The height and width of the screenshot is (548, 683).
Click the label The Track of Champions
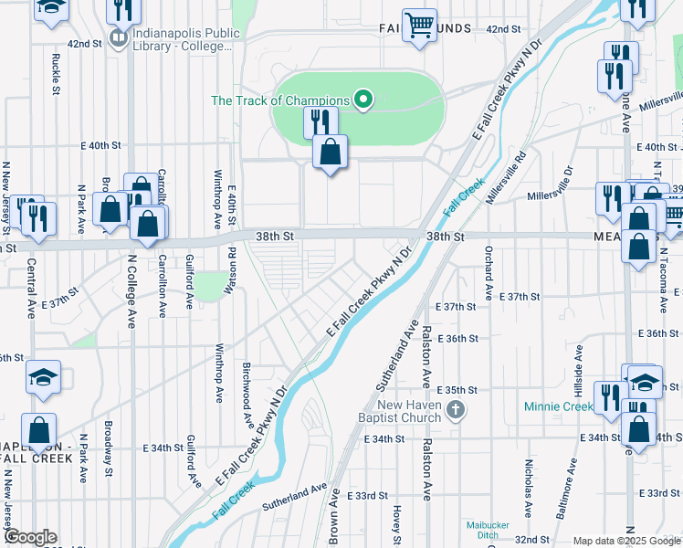[280, 100]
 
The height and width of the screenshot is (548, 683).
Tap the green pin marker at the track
[363, 100]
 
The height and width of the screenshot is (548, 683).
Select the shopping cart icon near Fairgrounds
[419, 26]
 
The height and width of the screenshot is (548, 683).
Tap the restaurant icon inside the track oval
[320, 121]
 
